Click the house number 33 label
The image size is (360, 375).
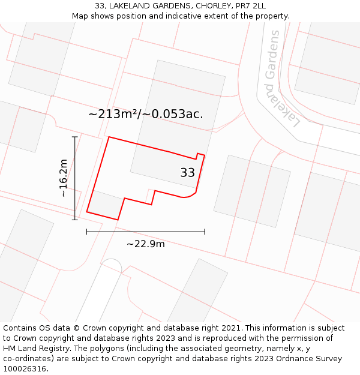(x=187, y=173)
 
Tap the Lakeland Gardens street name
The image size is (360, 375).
(x=282, y=78)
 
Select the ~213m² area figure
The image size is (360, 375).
(x=114, y=113)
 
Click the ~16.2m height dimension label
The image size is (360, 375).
(x=63, y=178)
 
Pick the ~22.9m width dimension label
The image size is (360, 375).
(x=145, y=244)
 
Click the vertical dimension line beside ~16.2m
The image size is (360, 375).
(x=75, y=178)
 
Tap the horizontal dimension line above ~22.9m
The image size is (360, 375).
(x=145, y=231)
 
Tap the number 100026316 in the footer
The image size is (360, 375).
(x=25, y=369)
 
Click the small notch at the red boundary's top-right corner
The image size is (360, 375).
(x=200, y=156)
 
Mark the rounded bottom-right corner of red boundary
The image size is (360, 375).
(x=191, y=194)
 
